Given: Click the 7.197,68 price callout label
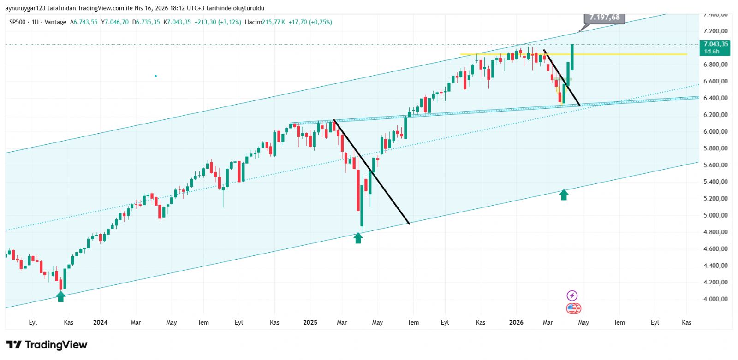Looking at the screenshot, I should pos(604,18).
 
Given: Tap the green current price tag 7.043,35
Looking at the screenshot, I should pos(715,47).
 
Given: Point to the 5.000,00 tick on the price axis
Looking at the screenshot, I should pos(715,215).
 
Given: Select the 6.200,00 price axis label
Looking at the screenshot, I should pos(715,115).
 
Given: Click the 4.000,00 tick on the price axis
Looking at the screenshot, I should pos(715,299).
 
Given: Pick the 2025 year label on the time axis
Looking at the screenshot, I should pos(310,322).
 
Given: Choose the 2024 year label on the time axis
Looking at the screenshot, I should pos(100,322).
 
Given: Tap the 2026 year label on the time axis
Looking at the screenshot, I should pos(516,322).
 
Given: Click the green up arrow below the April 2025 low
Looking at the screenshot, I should pos(358,238).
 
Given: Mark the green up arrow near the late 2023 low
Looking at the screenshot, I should pos(61,296).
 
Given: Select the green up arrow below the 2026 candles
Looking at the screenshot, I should pos(564,195).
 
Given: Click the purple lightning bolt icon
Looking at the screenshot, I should pos(572,295).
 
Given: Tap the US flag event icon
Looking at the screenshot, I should pos(573,308).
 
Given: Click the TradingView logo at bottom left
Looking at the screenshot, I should pos(47,345).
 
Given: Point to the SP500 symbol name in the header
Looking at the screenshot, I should pos(18,22).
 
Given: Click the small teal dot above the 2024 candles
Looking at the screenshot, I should pos(156,76).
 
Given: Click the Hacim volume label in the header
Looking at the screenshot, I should pos(253,22).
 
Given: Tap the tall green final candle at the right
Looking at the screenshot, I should pos(572,57).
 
